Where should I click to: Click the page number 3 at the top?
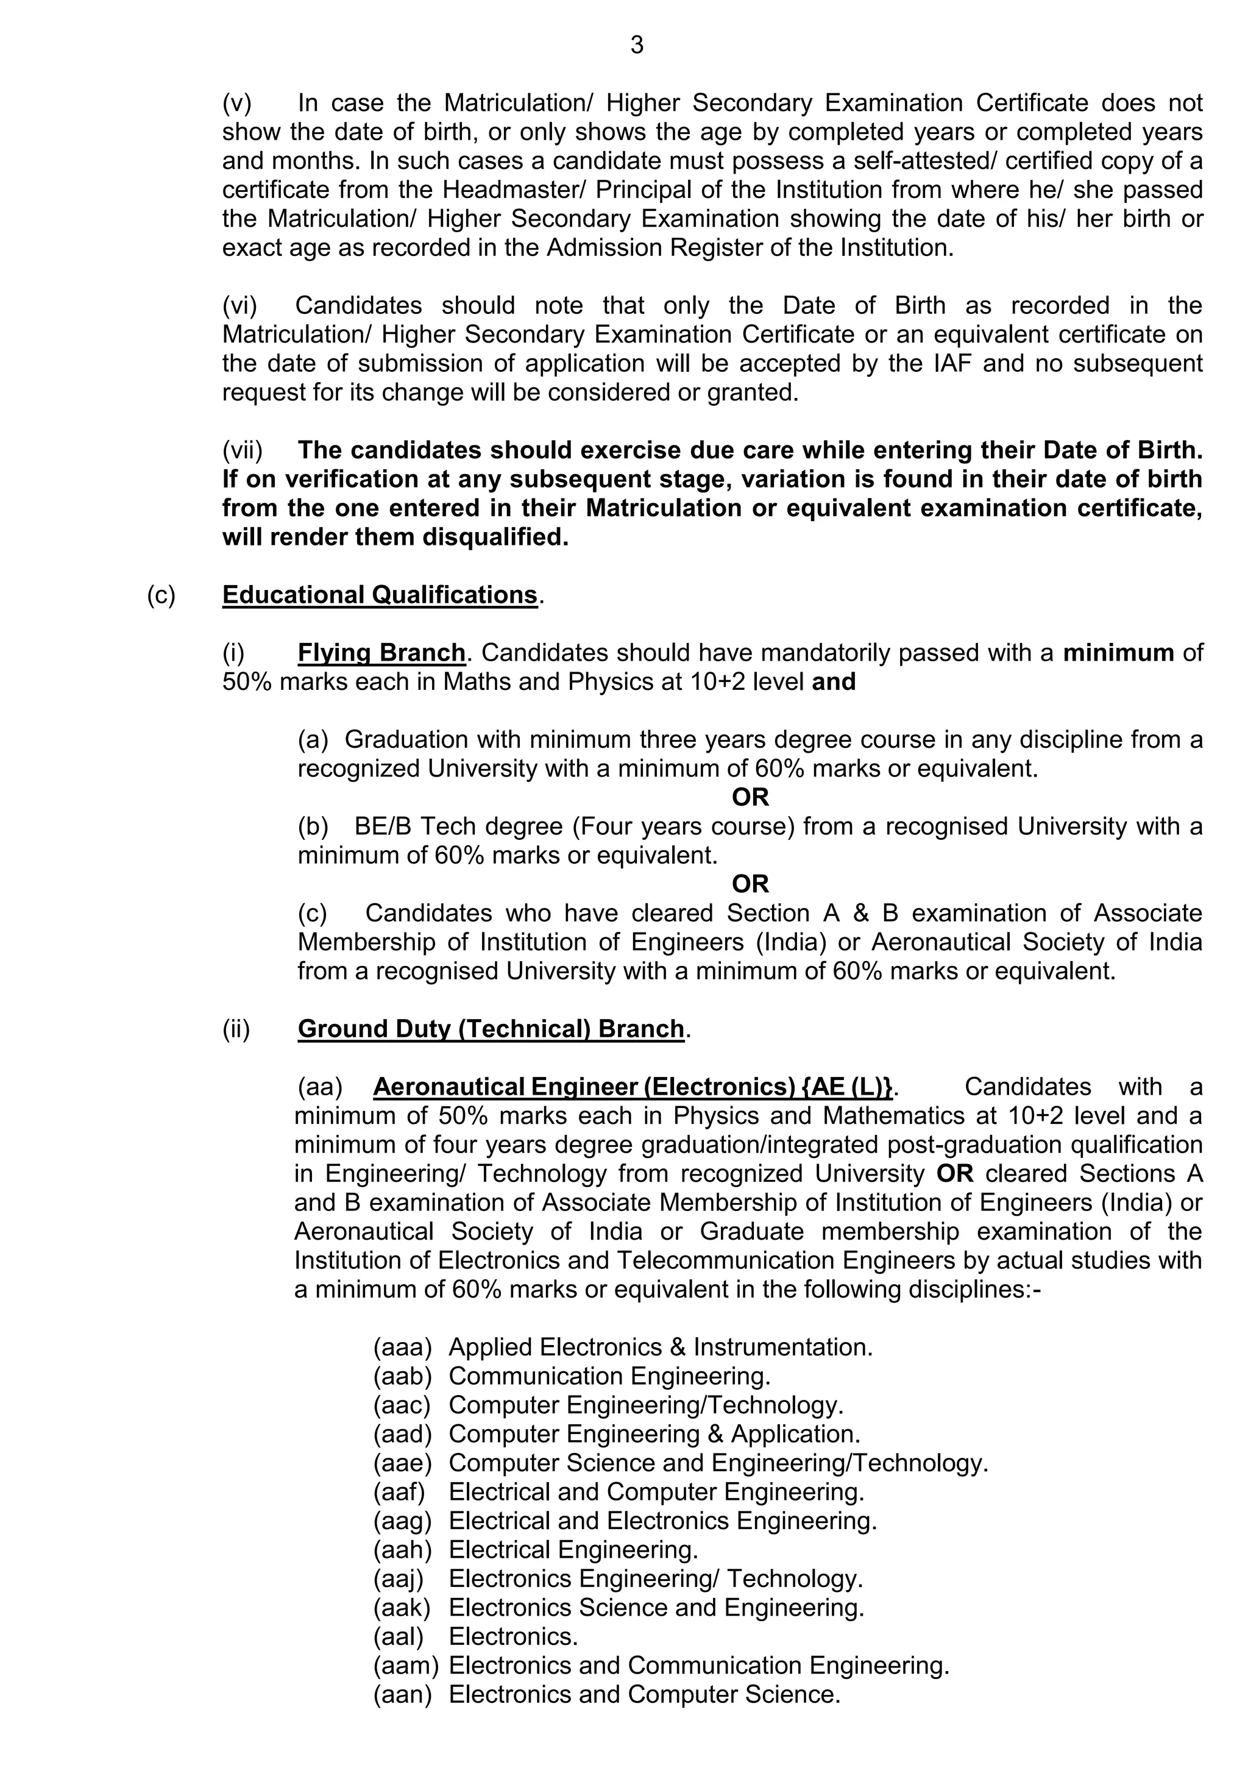click(x=636, y=46)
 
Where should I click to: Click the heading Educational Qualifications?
click(x=380, y=595)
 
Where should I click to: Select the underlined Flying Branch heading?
click(x=381, y=653)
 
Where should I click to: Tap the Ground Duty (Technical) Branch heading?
click(x=491, y=1029)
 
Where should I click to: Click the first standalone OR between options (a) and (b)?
click(x=750, y=797)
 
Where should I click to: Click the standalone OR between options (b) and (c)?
click(x=750, y=884)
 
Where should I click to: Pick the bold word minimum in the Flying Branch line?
click(x=1118, y=653)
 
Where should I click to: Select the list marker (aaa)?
click(x=403, y=1347)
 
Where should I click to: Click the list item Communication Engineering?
click(x=609, y=1376)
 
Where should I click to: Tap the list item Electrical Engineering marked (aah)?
click(x=573, y=1550)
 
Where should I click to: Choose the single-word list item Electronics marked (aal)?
click(x=512, y=1636)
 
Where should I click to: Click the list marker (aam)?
click(x=406, y=1666)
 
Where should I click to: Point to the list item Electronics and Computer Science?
click(x=644, y=1694)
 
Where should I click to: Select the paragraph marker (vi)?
click(x=239, y=305)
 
